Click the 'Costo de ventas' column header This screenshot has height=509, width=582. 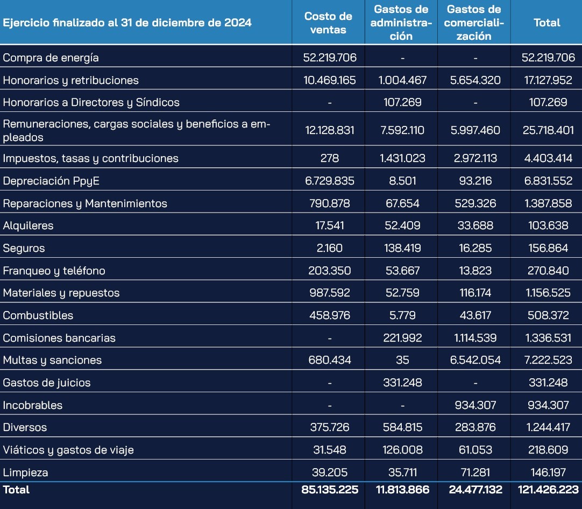point(328,23)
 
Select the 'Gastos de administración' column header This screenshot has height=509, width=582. point(401,23)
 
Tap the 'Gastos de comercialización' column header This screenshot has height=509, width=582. point(474,23)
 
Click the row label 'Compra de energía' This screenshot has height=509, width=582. point(51,58)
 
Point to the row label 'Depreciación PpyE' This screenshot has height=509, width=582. point(51,181)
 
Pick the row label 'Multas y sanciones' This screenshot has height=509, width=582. point(52,360)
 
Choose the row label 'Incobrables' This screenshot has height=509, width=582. point(33,405)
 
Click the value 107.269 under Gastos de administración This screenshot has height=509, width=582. point(402,102)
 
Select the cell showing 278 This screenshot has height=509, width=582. point(330,158)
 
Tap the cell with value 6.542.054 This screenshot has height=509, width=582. point(475,360)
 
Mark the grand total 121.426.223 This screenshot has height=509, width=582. point(548,490)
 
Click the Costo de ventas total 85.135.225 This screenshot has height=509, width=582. point(330,490)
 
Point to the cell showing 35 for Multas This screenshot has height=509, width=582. point(402,360)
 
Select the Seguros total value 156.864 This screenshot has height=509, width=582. point(548,248)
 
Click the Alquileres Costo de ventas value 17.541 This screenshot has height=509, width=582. point(330,225)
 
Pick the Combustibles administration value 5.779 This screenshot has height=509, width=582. point(402,315)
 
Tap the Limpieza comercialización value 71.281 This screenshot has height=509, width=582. point(475,472)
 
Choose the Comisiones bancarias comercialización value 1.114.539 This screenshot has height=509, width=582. point(475,338)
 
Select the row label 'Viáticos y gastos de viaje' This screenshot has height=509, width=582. point(68,450)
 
